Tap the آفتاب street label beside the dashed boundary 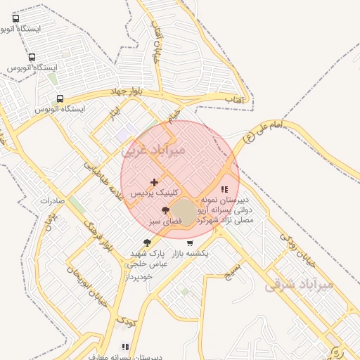pos(234,101)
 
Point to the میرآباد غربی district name pos(154,150)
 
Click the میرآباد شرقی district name pos(298,285)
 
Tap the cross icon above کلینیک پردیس pos(155,182)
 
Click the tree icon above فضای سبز pos(166,210)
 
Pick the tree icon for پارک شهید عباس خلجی pos(147,243)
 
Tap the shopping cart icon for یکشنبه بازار pos(190,243)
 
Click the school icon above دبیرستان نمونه pos(224,189)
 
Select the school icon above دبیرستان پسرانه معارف pos(126,347)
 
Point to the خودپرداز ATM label pos(139,276)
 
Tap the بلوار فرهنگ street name pos(97,234)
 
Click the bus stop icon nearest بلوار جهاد pos(60,99)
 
